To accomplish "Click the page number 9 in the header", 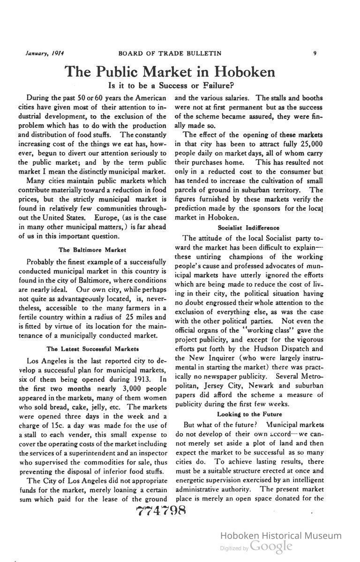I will click(314, 53).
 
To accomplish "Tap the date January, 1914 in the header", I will click(45, 53).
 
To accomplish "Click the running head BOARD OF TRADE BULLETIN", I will click(170, 53).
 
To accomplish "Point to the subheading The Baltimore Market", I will click(92, 250).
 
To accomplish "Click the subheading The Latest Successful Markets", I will click(92, 349).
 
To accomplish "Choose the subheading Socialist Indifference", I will click(248, 228).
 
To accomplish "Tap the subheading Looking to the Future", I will click(249, 414).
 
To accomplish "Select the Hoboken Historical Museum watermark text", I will click(280, 536).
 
